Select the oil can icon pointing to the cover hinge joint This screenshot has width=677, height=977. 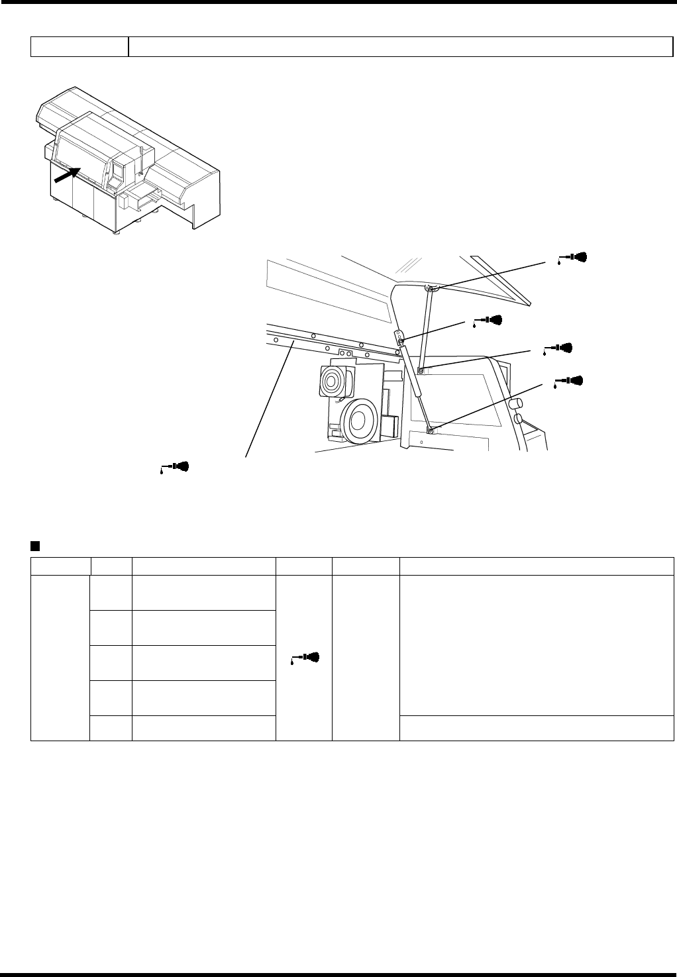(x=574, y=257)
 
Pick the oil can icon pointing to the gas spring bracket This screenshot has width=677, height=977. (x=488, y=321)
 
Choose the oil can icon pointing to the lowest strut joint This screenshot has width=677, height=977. (x=570, y=381)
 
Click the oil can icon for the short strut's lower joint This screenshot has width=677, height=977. (x=558, y=348)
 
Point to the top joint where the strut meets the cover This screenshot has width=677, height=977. (x=431, y=289)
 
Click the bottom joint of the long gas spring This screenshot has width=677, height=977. (x=431, y=431)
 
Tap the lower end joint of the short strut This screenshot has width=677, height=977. (x=421, y=370)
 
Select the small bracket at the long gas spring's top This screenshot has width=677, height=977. (x=400, y=338)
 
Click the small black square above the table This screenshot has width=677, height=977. (x=35, y=546)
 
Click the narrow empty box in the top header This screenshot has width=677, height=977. (x=79, y=46)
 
